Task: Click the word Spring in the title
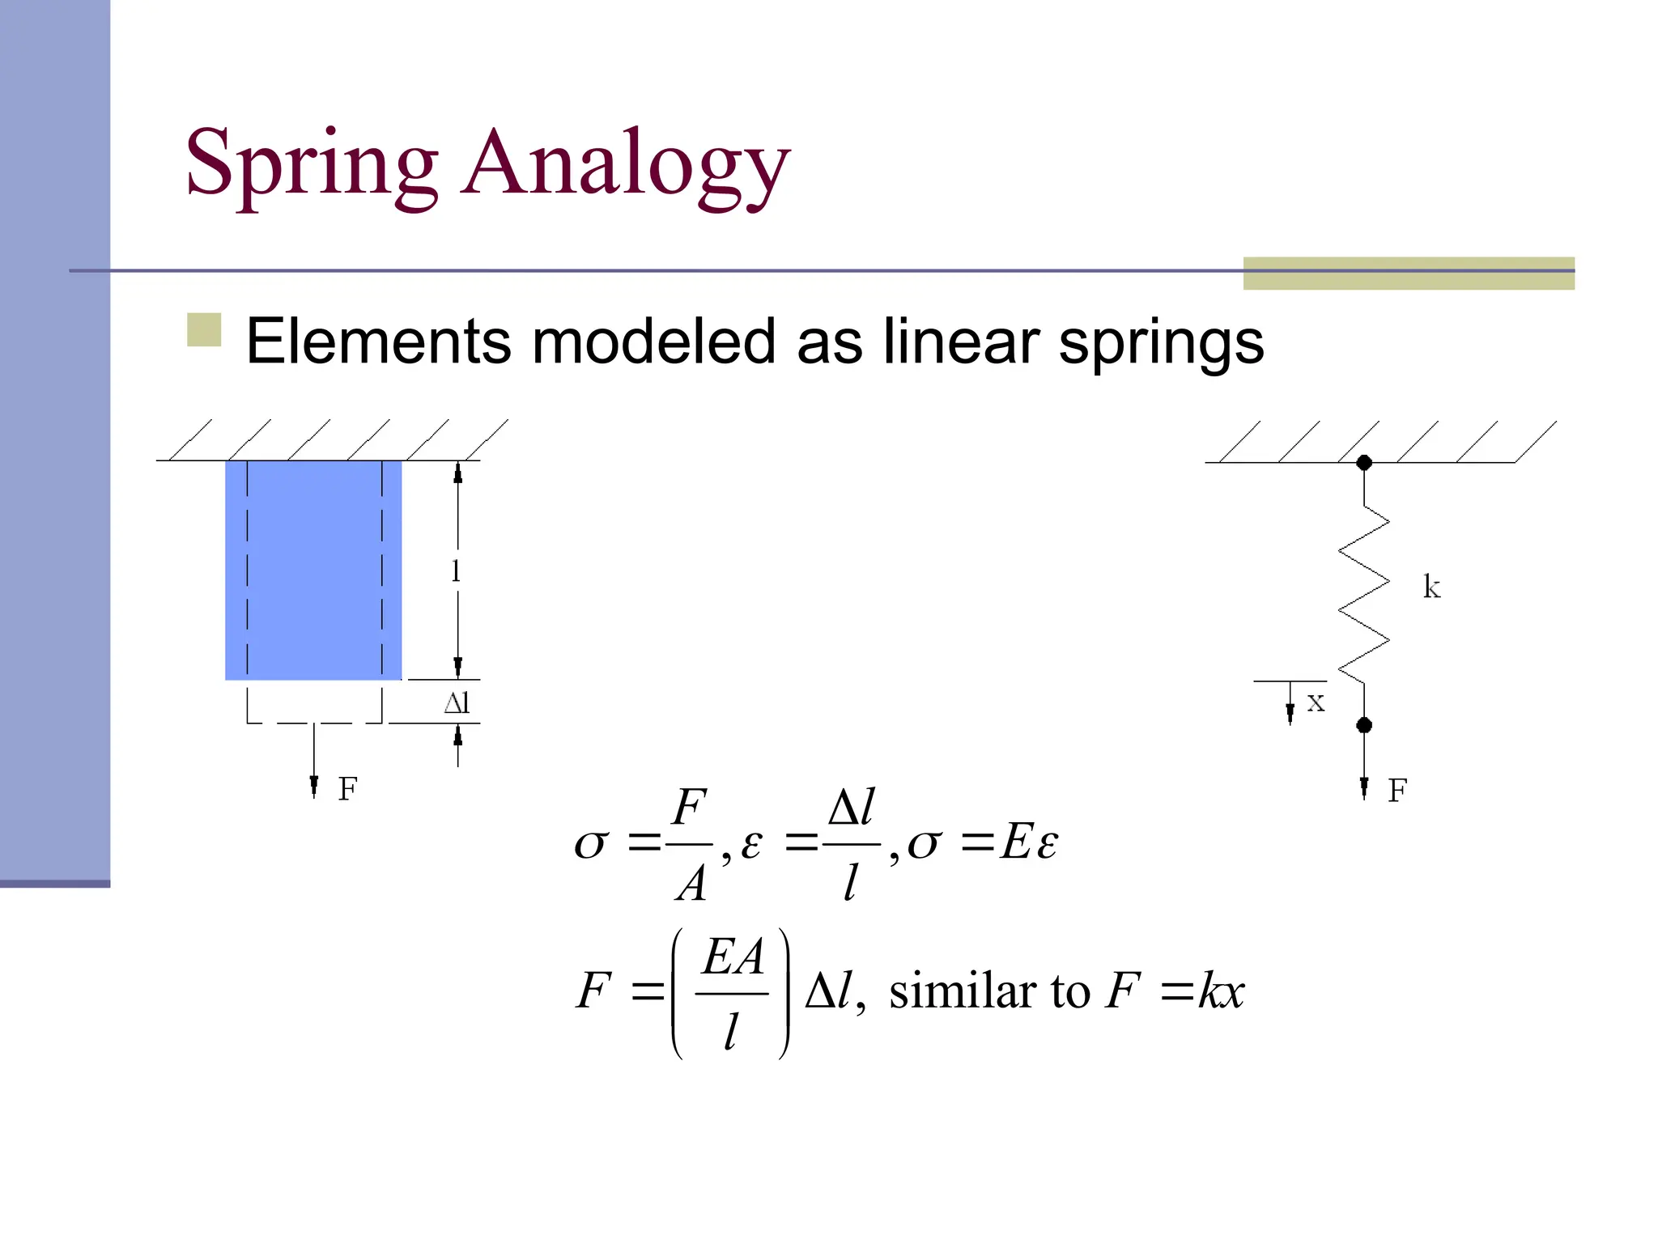(x=312, y=166)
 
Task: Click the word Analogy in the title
(x=625, y=166)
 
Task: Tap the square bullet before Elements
(x=204, y=329)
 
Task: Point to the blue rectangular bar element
(x=313, y=570)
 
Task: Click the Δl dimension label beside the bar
(x=457, y=703)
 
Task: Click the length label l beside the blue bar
(x=456, y=571)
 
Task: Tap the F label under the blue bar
(x=347, y=789)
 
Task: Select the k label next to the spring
(x=1431, y=587)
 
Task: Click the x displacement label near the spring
(x=1316, y=702)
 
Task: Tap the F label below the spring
(x=1397, y=791)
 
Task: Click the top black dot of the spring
(x=1364, y=463)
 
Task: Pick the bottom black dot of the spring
(x=1364, y=725)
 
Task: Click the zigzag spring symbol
(x=1364, y=595)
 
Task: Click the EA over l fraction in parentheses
(x=732, y=993)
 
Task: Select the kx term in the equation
(x=1221, y=991)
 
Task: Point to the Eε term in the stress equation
(x=1029, y=842)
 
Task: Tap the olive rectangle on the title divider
(x=1409, y=274)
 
